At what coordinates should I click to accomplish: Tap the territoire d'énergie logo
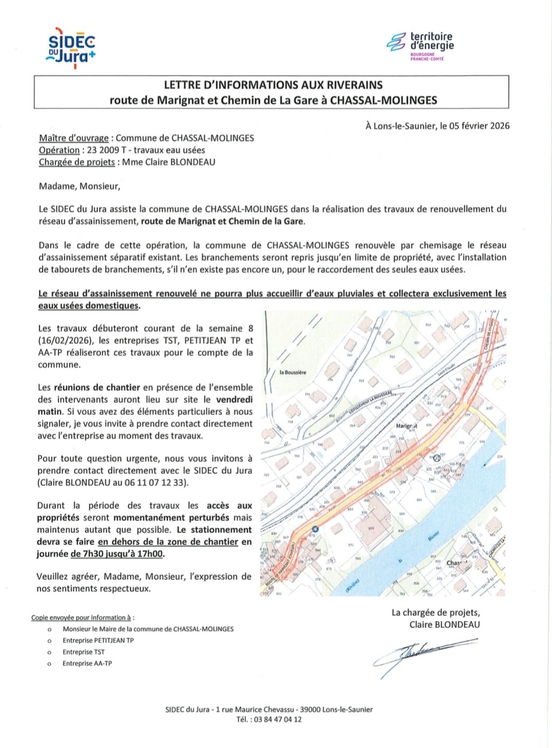(421, 46)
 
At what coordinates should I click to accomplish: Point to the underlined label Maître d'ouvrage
(73, 138)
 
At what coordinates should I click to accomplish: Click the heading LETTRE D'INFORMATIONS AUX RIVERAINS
(273, 85)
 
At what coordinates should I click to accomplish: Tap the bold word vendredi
(234, 400)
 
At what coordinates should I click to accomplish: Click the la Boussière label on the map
(293, 372)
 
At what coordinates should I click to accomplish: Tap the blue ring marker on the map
(315, 529)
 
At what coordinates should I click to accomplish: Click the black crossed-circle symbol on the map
(437, 458)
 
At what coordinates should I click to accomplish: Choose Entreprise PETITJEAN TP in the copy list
(98, 641)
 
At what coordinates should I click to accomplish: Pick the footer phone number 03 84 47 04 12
(278, 719)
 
